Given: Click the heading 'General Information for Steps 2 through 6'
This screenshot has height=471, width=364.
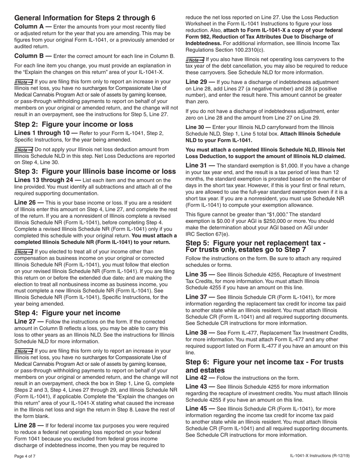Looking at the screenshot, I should pos(85,18).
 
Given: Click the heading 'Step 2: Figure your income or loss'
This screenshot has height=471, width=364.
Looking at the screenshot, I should pos(74,124).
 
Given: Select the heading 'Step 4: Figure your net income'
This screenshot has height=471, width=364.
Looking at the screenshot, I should pos(67,313).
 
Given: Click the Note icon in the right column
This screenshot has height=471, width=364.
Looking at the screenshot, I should pos(195,60).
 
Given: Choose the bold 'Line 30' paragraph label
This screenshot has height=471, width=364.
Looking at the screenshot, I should pos(195,127).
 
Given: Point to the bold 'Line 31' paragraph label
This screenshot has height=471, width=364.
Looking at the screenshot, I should pos(198,165).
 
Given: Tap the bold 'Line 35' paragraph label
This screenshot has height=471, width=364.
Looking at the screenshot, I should pos(198,275).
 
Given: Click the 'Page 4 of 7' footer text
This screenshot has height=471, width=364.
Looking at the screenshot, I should pos(25,456).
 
